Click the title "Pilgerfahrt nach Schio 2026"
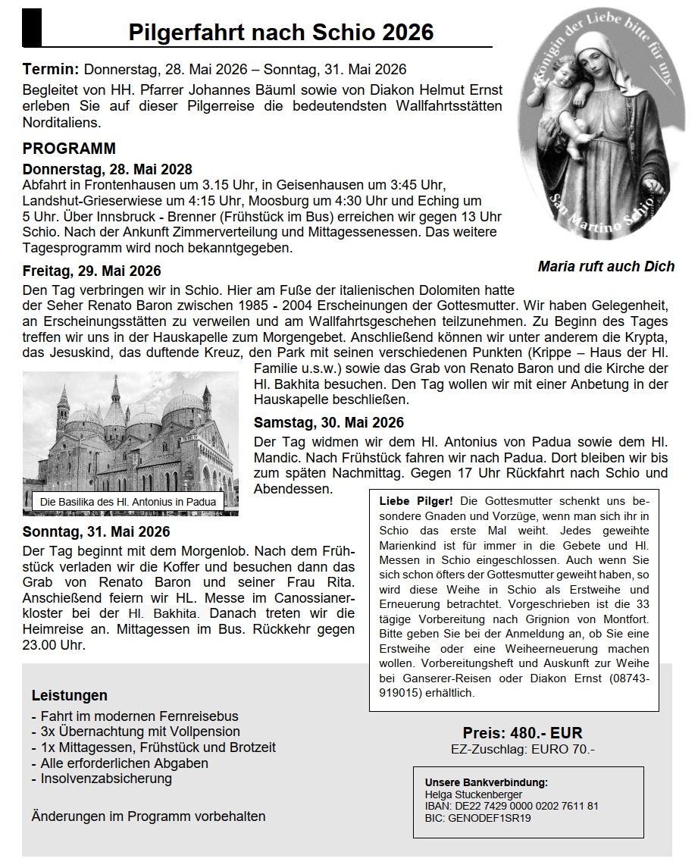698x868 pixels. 281,33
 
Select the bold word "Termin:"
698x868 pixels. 51,69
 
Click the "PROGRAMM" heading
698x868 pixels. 69,149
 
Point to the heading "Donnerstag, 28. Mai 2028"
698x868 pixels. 108,169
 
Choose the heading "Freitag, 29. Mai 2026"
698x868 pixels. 92,271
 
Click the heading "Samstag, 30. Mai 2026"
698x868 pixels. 329,422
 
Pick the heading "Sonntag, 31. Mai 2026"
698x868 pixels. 96,531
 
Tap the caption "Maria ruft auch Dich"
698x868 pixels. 606,266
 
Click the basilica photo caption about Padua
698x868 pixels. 128,502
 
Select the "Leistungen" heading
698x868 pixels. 70,695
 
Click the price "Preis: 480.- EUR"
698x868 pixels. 522,733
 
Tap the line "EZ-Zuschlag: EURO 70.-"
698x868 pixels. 522,750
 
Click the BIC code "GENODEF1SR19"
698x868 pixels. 488,818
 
